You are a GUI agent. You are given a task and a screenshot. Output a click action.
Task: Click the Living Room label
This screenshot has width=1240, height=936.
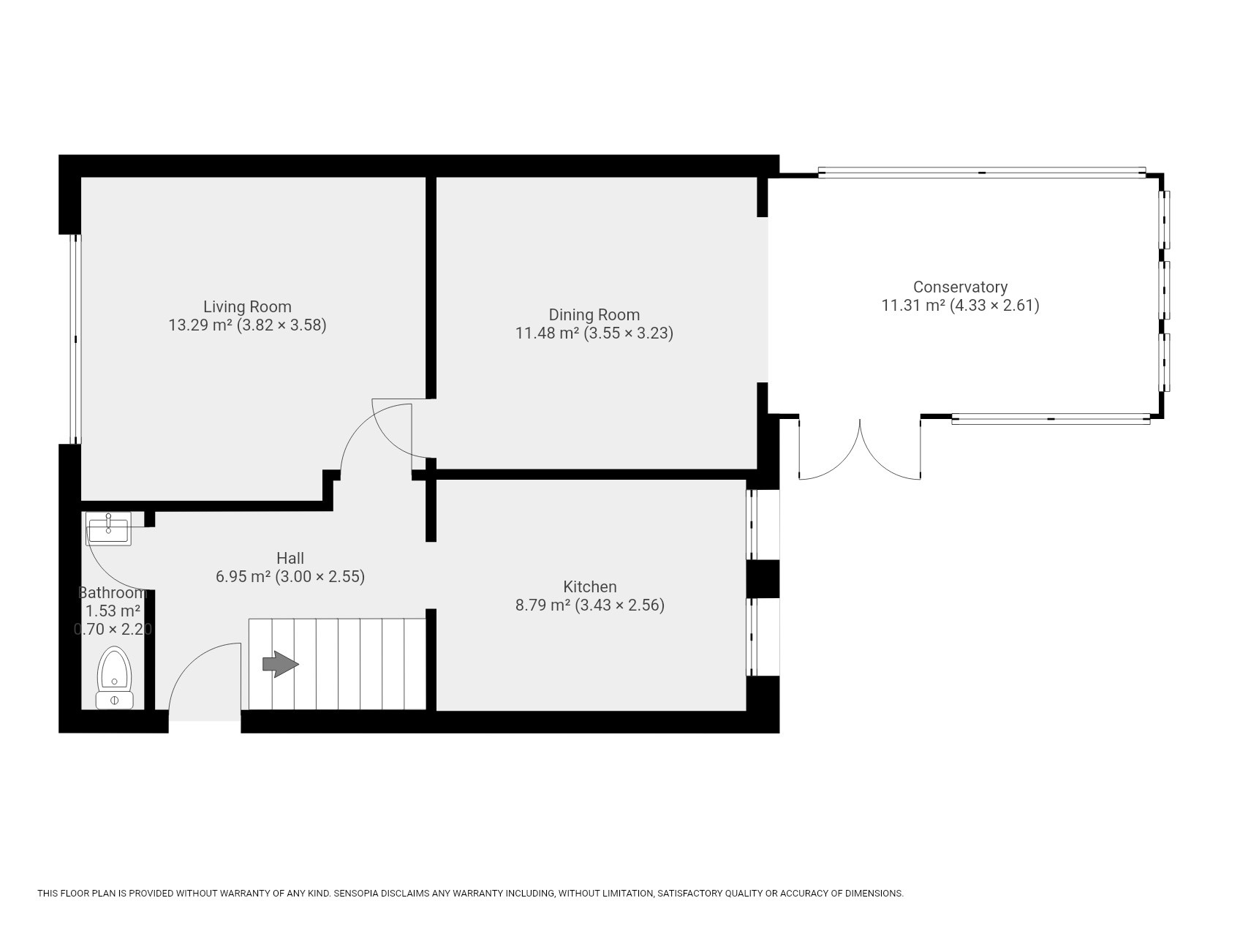coord(247,306)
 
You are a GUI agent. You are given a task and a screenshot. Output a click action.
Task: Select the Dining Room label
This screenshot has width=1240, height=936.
coord(594,314)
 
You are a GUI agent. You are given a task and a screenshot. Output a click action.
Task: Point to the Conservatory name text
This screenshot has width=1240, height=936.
coord(960,287)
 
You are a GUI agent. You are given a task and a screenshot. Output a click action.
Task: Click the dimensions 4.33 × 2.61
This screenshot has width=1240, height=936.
coord(994,306)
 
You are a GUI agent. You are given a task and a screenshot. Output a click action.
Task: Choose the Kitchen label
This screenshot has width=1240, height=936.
coord(589,586)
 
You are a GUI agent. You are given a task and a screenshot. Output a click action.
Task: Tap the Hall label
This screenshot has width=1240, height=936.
coord(290,558)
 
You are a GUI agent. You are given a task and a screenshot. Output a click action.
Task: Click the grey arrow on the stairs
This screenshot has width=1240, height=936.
coord(281,664)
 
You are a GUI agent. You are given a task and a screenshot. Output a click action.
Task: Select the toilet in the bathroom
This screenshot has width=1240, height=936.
coord(115,678)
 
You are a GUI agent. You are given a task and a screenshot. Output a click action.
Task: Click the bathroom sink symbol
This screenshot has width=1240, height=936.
coord(108,528)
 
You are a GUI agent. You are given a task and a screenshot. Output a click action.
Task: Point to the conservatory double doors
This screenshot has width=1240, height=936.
coord(860,450)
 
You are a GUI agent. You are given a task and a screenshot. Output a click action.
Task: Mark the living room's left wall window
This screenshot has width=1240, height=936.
coord(75,339)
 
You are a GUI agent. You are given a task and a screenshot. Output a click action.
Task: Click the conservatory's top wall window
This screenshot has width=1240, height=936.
coord(981,173)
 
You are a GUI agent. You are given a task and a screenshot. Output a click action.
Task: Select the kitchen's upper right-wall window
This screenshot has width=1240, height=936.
coord(754,524)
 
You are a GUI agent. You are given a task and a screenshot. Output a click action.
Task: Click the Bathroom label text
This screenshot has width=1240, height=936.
coord(113,592)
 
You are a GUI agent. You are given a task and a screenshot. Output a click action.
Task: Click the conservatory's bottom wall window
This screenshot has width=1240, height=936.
coord(1051,419)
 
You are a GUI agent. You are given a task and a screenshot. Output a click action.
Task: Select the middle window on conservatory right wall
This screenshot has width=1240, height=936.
coord(1164,290)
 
